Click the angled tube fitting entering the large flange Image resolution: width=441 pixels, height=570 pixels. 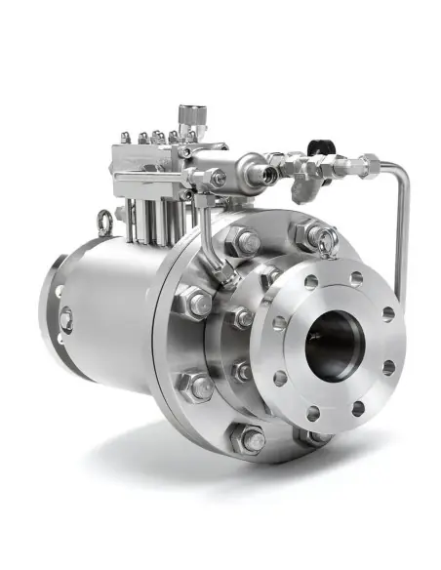coord(225,276)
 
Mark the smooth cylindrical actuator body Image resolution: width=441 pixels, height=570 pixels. coord(107,312)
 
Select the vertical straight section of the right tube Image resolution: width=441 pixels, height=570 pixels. coord(400,234)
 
